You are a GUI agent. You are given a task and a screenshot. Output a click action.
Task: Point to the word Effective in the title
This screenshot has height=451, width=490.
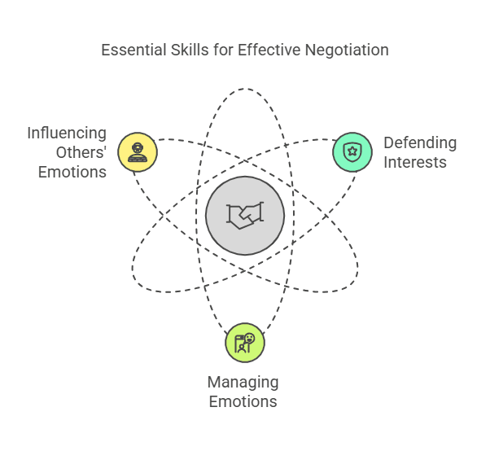(x=267, y=50)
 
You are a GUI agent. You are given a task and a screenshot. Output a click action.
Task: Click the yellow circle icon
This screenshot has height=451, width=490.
(x=137, y=151)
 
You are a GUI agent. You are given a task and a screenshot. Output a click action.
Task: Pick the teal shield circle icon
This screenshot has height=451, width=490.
(x=352, y=151)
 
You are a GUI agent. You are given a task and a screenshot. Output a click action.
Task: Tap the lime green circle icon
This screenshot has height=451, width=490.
(x=245, y=342)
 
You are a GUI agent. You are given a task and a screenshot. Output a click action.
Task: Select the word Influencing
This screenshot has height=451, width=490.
(x=67, y=133)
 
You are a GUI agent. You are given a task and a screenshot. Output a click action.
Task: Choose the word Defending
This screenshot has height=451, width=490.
(x=420, y=143)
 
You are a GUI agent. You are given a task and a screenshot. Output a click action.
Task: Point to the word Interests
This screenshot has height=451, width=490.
(x=415, y=162)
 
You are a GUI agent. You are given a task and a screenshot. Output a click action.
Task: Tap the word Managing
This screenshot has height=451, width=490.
(x=243, y=382)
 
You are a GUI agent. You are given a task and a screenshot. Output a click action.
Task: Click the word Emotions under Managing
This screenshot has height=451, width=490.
(x=243, y=401)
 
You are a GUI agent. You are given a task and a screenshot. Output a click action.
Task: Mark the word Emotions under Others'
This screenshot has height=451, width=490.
(x=72, y=172)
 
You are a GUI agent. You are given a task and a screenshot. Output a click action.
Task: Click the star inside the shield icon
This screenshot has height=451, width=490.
(x=352, y=151)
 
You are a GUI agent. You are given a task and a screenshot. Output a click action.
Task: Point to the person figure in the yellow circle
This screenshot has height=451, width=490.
(x=137, y=151)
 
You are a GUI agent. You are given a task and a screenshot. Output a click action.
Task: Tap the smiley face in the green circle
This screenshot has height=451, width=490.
(x=250, y=338)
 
